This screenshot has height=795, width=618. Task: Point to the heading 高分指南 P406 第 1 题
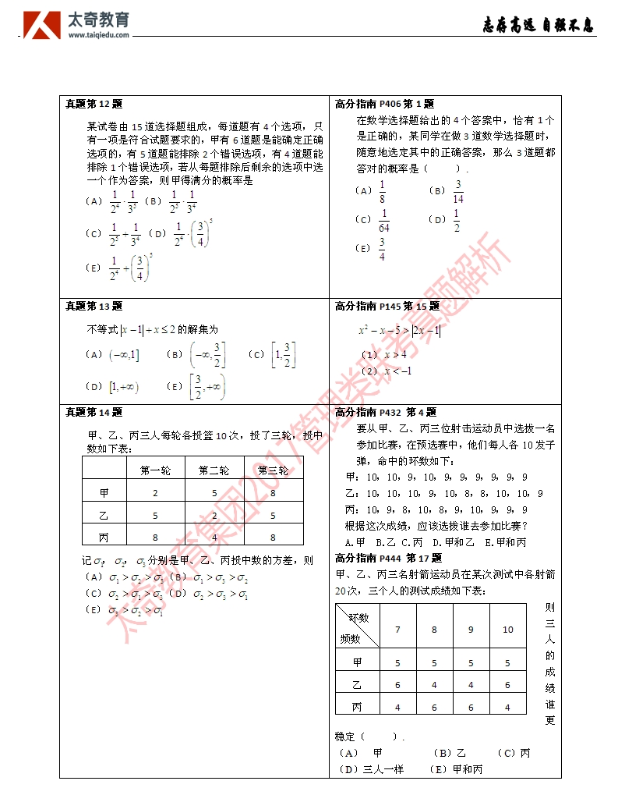[384, 104]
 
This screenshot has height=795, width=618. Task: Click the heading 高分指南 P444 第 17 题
[388, 558]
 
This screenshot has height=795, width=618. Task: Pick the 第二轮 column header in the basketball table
[214, 470]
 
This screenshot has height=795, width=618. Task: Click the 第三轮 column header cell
[273, 470]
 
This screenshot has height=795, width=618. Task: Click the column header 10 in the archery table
[508, 630]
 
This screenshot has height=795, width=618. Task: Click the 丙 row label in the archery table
[358, 707]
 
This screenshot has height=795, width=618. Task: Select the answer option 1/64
[384, 221]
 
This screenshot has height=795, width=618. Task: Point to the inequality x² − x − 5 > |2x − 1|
[399, 331]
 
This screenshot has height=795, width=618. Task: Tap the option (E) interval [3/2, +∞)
[206, 387]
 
